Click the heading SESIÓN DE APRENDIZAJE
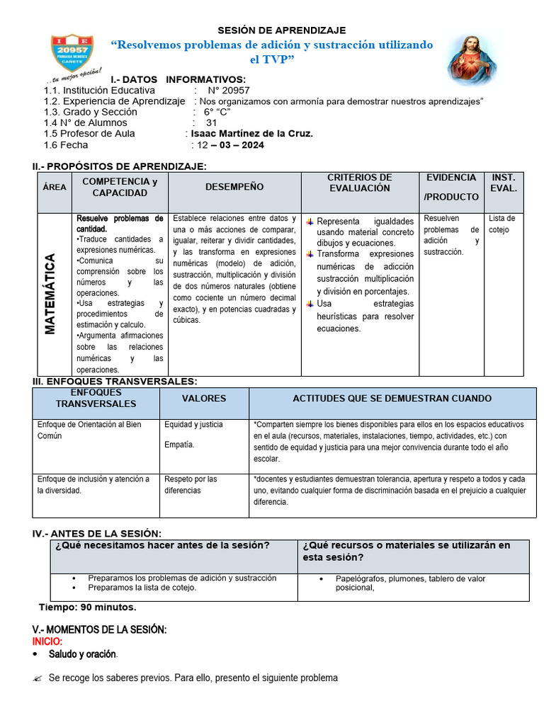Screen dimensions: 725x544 [x=281, y=30]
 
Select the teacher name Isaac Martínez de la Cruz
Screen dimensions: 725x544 [x=251, y=133]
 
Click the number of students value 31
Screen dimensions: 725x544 [x=211, y=122]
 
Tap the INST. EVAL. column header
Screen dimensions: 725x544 [x=504, y=183]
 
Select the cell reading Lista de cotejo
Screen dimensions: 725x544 [x=501, y=224]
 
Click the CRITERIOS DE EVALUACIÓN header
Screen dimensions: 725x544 [x=359, y=183]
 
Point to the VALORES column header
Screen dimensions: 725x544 [x=204, y=399]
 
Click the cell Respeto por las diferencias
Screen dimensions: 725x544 [x=191, y=485]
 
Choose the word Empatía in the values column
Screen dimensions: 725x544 [x=179, y=445]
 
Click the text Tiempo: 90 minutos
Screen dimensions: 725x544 [x=87, y=607]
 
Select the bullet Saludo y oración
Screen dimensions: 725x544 [x=82, y=654]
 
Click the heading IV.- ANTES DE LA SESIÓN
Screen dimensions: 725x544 [x=97, y=533]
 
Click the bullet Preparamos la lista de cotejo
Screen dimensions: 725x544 [x=142, y=588]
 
